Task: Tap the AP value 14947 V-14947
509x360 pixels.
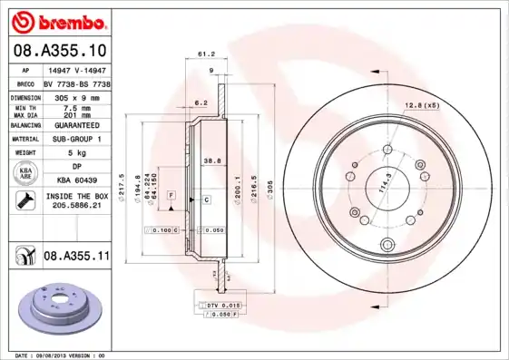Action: click(75, 69)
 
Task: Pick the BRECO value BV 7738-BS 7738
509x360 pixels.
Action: click(77, 83)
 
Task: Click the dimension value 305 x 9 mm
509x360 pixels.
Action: click(76, 96)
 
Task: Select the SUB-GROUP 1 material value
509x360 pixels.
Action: click(77, 139)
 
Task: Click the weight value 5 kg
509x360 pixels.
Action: click(77, 153)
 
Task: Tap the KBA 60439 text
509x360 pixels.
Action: click(77, 180)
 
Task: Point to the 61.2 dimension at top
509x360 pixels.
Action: click(205, 54)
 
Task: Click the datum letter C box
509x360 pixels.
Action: click(206, 199)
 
